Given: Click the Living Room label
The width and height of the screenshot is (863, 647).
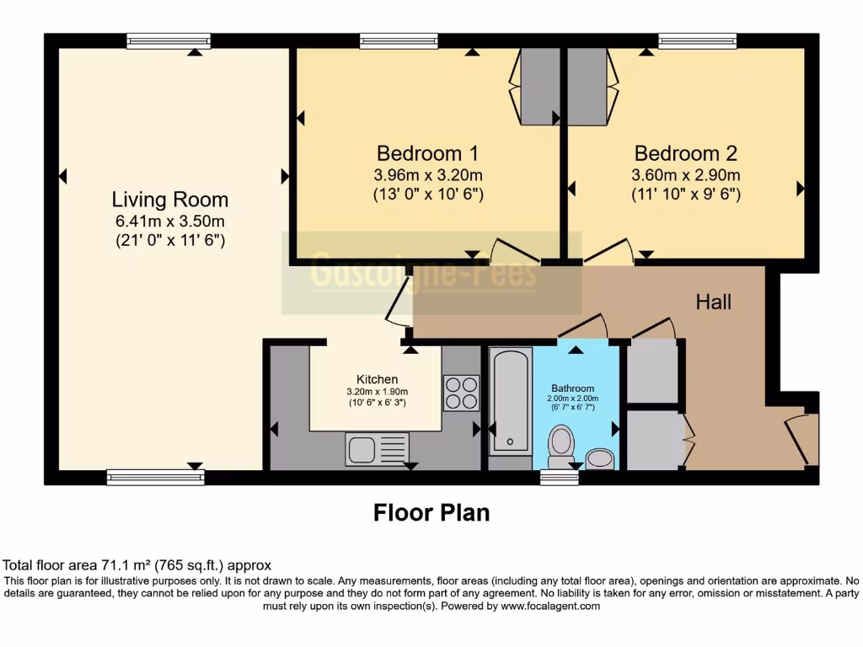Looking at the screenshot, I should tap(169, 200).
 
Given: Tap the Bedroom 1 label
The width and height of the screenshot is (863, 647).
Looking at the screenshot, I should tap(427, 153).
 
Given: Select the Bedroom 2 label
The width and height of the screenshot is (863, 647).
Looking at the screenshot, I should tap(685, 153).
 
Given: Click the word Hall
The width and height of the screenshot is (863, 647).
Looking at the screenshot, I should tap(713, 302).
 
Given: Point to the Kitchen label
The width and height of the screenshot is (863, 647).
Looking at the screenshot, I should tap(377, 379).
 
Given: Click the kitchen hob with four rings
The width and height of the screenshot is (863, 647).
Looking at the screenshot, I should tap(461, 393).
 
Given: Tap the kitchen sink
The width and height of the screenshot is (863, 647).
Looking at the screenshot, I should tap(377, 448).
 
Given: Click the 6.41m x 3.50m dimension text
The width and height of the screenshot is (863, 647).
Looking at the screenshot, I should tap(169, 222).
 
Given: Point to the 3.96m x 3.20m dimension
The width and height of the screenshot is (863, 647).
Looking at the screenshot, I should tap(427, 175).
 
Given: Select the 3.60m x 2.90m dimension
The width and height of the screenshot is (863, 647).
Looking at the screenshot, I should tap(685, 175).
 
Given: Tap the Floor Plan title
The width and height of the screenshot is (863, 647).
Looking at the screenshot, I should tap(431, 512).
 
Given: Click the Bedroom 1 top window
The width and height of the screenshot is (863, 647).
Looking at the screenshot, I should tap(399, 40).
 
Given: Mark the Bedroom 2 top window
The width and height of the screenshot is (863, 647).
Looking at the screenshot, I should tap(697, 40).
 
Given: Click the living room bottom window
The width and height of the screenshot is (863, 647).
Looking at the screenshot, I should tap(156, 478).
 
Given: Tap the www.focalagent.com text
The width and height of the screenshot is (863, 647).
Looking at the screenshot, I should tap(550, 606).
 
